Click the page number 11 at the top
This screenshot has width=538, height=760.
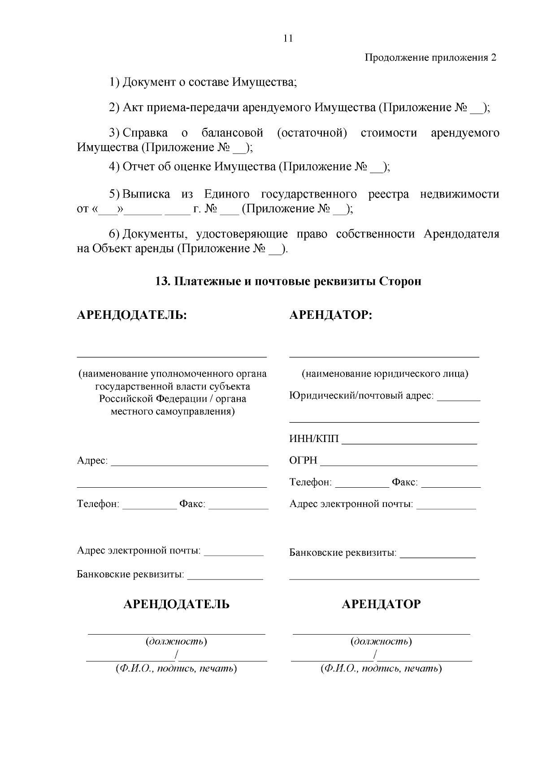coord(288,39)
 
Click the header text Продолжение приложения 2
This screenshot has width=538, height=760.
coord(430,58)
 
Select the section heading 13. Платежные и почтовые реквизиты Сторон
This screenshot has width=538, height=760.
coord(288,282)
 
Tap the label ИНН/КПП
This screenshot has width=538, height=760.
coord(314,438)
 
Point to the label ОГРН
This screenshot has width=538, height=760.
coord(304,460)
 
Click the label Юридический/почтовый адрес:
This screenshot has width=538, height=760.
coord(361,396)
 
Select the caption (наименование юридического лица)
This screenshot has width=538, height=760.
coord(385,374)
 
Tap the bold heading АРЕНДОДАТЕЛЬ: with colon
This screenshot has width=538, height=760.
coord(132,315)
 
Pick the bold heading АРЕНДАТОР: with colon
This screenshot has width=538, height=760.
coord(331,315)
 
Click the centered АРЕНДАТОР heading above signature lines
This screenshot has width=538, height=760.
coord(381,604)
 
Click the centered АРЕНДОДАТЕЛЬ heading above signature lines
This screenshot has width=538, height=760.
coord(176,604)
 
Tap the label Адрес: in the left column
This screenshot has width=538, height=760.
coord(92,461)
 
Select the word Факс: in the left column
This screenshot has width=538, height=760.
coord(192,504)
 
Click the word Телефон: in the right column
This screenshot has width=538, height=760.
coord(311,482)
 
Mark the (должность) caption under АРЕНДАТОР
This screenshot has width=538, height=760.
coord(381,641)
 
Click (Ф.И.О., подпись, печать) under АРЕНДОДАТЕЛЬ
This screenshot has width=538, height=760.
coord(176,669)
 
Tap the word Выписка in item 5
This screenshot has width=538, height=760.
coord(146,194)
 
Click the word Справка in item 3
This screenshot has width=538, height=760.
coord(145,133)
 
